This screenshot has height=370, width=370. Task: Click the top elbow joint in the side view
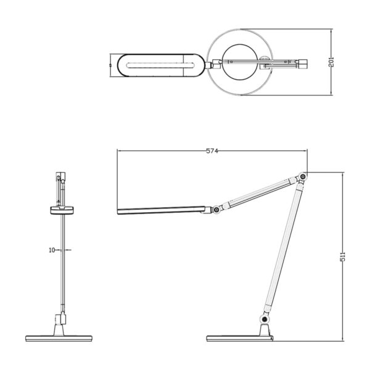302,178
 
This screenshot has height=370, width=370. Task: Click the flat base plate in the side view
240,339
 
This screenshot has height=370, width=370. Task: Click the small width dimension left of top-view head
111,64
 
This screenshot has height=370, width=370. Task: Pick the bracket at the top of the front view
60,185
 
